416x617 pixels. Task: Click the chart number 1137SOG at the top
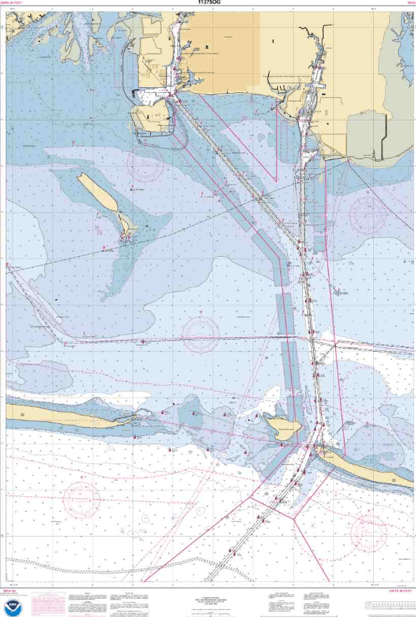coord(207,3)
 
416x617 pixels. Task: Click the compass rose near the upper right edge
coord(368,212)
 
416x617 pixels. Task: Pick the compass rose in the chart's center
coord(201,333)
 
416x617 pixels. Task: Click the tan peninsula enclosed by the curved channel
coord(150,119)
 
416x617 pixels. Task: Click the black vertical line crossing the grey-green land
coord(383,137)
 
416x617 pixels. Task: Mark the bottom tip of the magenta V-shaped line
coord(275,179)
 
